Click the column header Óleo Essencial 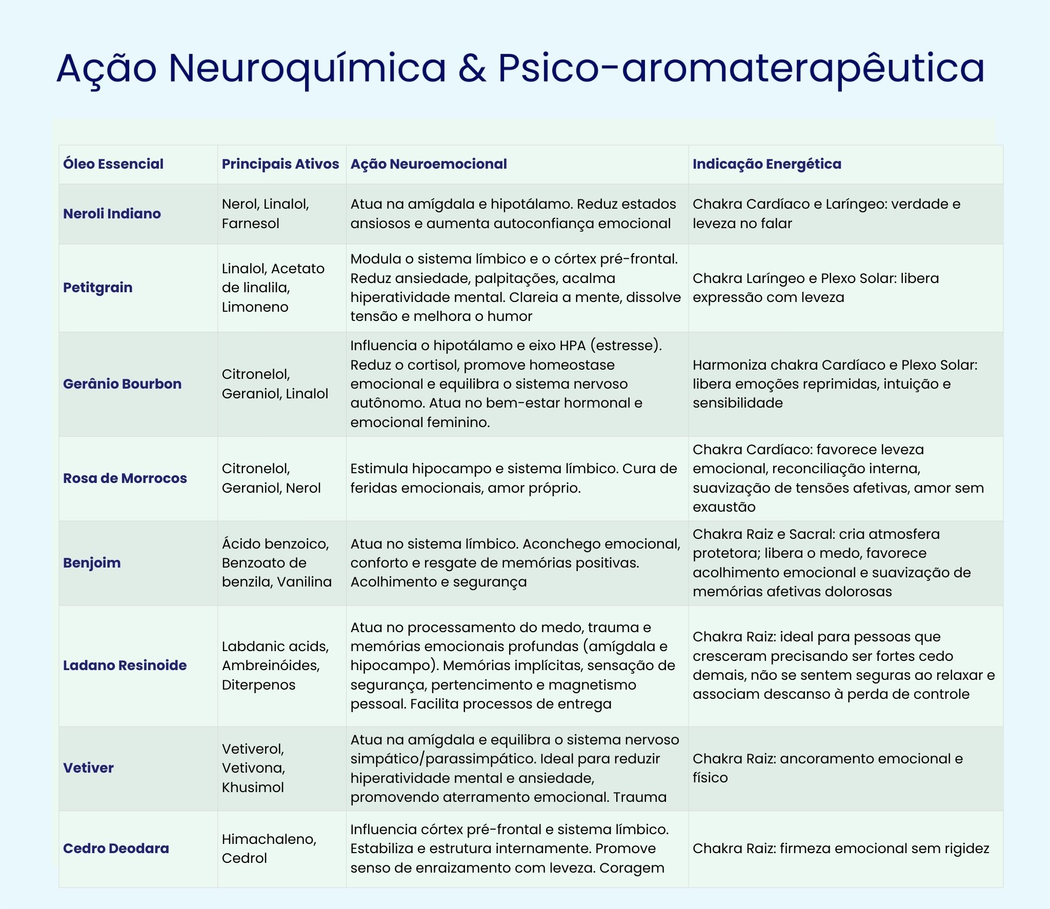113,164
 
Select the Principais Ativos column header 280,164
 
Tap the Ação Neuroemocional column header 428,164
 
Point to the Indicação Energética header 766,164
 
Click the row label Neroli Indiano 112,214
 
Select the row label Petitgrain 97,288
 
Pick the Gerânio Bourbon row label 122,384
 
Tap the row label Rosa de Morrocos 125,478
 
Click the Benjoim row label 92,563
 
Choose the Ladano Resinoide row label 125,665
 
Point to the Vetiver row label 88,768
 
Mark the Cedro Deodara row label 116,849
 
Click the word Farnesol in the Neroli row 250,224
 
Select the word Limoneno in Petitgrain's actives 255,307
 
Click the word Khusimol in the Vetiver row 252,787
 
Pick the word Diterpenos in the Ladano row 258,685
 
